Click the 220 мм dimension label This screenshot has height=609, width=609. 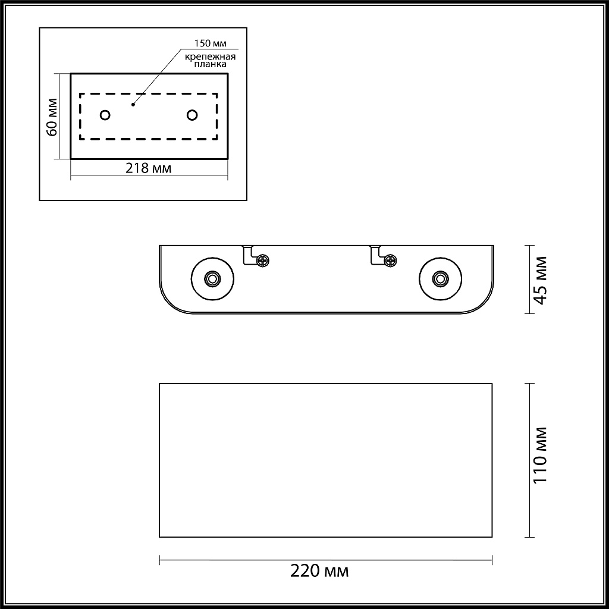(319, 572)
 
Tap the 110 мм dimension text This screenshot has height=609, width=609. (539, 455)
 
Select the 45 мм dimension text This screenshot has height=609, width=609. (539, 280)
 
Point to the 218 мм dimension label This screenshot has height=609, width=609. (148, 168)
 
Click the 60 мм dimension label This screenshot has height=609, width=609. (52, 121)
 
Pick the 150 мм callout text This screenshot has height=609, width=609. (209, 43)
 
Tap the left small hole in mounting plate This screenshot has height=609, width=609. (105, 115)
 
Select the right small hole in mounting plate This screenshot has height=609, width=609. (192, 115)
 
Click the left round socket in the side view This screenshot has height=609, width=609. (211, 278)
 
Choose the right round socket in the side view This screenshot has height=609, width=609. (440, 278)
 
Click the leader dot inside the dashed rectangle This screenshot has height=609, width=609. (133, 105)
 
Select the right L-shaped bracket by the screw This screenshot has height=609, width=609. (376, 254)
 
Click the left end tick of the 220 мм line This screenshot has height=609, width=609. (160, 560)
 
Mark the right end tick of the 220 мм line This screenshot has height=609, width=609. (492, 560)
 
